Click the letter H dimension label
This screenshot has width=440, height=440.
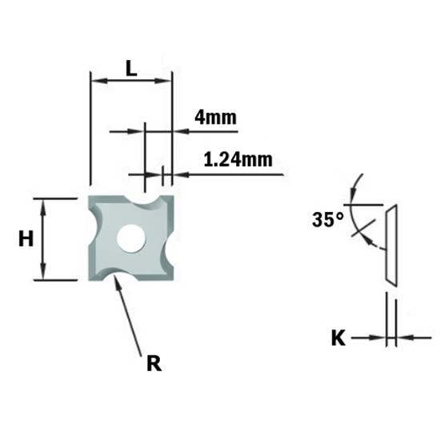[x=26, y=238]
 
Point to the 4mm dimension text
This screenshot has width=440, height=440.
[x=215, y=118]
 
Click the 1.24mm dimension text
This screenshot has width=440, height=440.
[x=238, y=160]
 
